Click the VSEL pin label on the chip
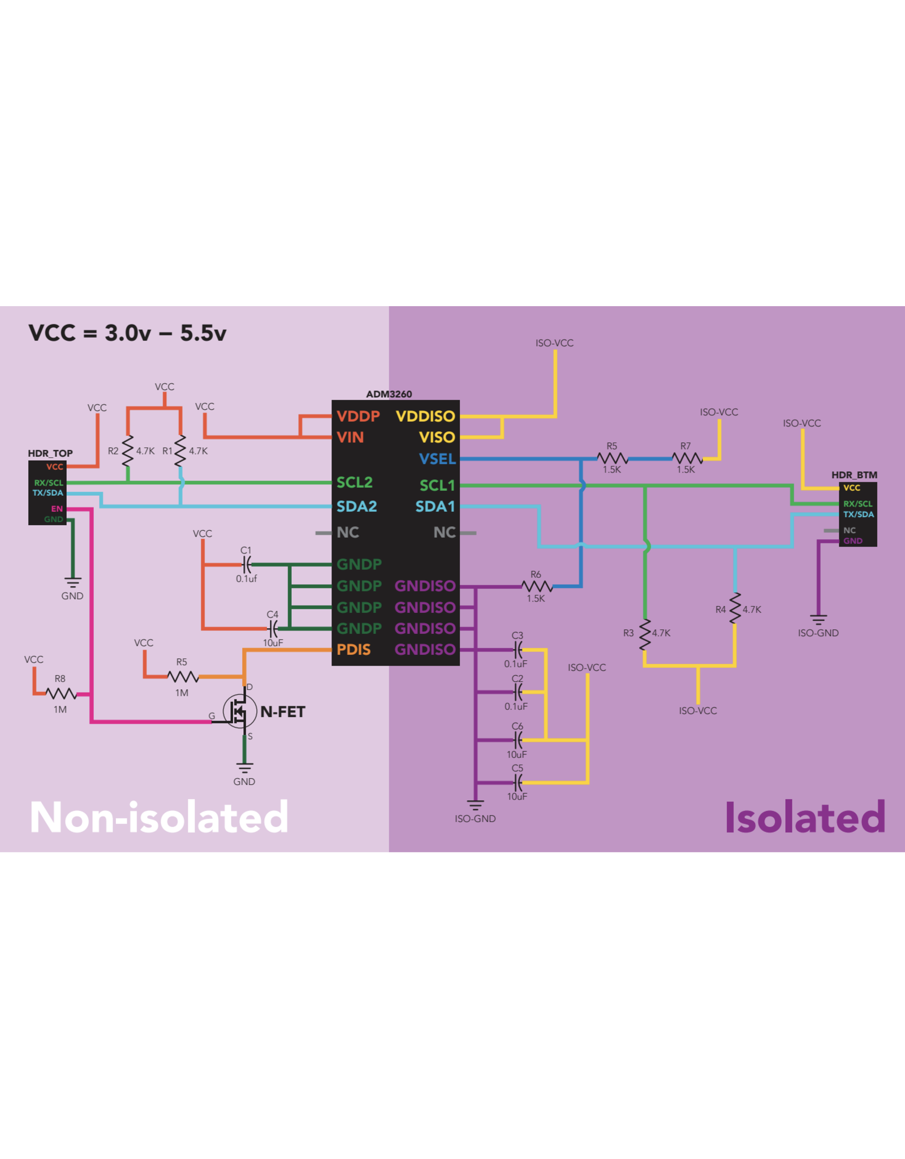point(437,459)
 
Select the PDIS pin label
point(354,650)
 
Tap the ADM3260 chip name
point(389,394)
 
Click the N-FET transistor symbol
point(239,711)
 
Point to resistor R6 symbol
point(536,586)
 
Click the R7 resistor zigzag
point(687,458)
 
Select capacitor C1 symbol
point(247,564)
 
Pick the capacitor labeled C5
point(518,783)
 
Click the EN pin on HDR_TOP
point(57,509)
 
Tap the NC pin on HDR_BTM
point(849,530)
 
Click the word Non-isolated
point(159,817)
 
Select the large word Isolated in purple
point(805,817)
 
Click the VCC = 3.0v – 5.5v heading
point(127,333)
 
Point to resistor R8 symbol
point(61,693)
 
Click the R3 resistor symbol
point(645,634)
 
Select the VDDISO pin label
point(425,417)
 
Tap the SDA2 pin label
point(356,506)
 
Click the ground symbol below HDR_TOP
point(72,582)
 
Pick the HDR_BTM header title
point(854,475)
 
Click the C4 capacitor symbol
point(273,628)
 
